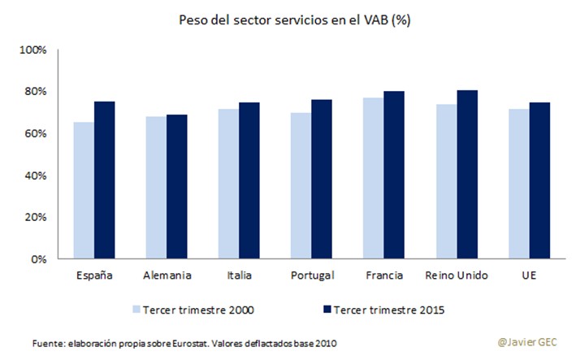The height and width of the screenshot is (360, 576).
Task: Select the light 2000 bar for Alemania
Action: point(156,188)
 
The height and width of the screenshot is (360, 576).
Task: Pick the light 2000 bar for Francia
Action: point(374,179)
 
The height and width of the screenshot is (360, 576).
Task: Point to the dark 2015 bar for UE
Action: point(539,180)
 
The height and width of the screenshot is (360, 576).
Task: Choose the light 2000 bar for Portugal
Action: point(301,186)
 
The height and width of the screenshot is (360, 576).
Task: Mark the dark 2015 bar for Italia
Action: point(249,180)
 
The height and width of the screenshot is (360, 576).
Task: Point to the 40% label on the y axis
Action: point(37,176)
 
